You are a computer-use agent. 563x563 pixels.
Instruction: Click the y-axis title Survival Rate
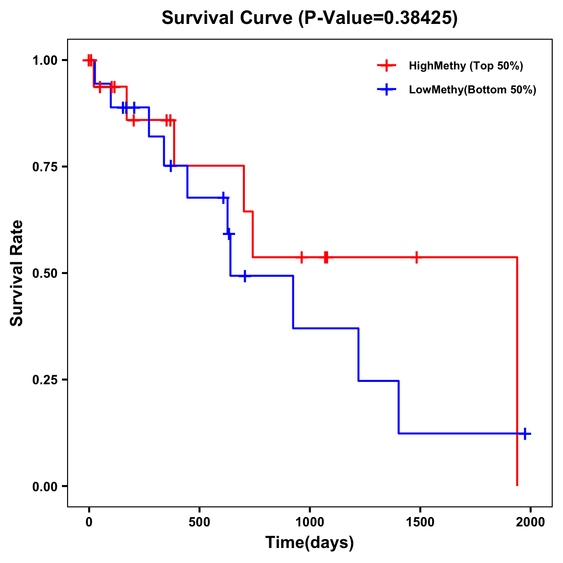point(17,273)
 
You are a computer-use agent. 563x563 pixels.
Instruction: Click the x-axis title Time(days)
point(310,542)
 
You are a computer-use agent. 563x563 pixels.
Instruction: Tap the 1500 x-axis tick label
point(420,522)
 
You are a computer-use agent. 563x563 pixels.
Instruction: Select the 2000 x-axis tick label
point(531,522)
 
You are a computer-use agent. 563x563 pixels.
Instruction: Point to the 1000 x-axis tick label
point(310,522)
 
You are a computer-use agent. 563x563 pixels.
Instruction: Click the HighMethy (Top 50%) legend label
point(466,66)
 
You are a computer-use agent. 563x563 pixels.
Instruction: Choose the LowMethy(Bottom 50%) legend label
point(472,90)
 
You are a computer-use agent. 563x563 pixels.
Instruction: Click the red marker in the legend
point(387,66)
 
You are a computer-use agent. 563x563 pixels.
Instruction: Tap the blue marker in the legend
point(387,90)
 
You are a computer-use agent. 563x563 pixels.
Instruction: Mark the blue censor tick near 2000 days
point(525,434)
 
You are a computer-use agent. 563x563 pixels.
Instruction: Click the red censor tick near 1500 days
point(416,257)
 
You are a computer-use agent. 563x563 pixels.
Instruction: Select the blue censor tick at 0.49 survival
point(244,276)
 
